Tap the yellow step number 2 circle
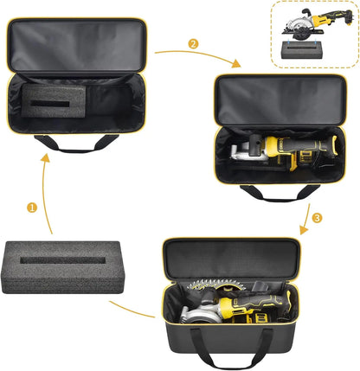(x=193, y=43)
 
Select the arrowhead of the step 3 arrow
(x=304, y=232)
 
